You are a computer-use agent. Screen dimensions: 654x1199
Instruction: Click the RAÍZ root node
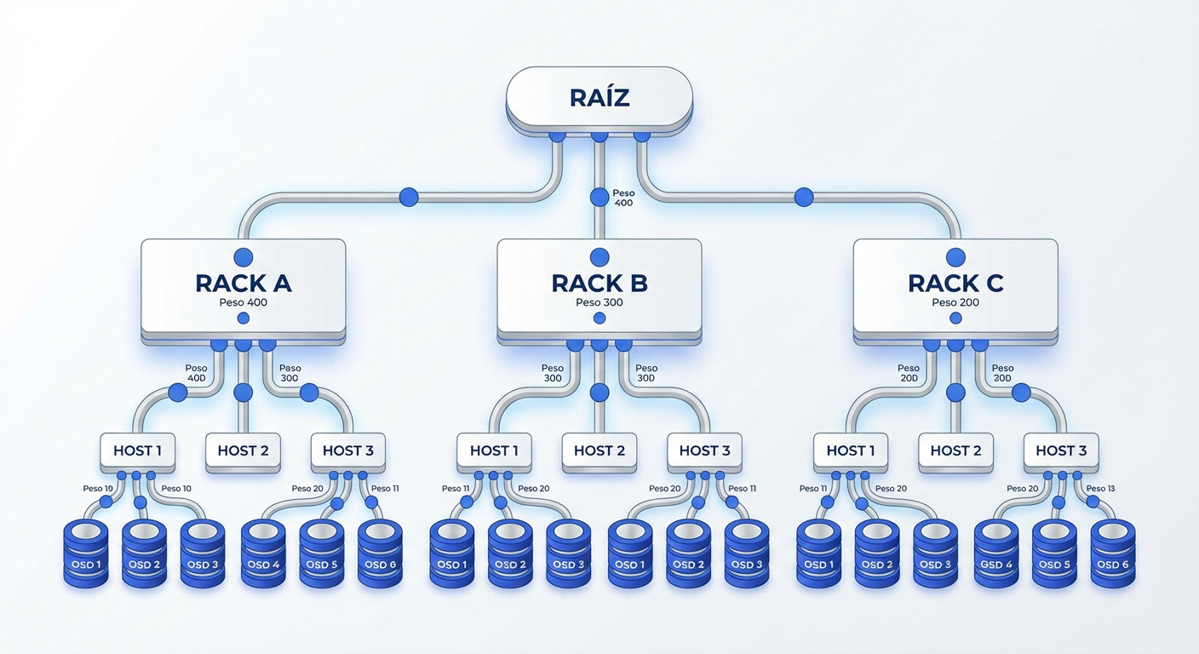(x=599, y=98)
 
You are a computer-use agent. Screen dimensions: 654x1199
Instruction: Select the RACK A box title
(x=244, y=283)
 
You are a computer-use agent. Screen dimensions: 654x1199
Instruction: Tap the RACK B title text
(x=599, y=283)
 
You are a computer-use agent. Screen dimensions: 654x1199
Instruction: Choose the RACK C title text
(x=955, y=283)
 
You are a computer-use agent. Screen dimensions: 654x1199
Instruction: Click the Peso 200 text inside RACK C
(x=955, y=302)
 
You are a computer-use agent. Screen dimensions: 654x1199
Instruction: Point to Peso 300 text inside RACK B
(x=599, y=302)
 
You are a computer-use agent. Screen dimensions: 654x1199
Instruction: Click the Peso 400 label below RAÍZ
(x=623, y=198)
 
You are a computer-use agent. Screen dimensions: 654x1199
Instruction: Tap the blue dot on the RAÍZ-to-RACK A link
(x=409, y=198)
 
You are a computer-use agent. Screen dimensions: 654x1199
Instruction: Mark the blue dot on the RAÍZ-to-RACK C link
(x=803, y=198)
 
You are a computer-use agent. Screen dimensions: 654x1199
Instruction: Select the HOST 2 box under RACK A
(x=243, y=450)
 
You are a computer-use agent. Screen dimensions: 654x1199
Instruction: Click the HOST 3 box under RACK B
(x=704, y=450)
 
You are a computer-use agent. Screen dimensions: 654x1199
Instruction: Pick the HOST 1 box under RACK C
(x=850, y=450)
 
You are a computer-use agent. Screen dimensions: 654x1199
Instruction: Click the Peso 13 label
(x=1100, y=489)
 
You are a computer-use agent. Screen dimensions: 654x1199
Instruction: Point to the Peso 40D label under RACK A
(x=196, y=373)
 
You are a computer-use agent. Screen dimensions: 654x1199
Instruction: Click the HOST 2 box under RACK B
(x=599, y=450)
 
